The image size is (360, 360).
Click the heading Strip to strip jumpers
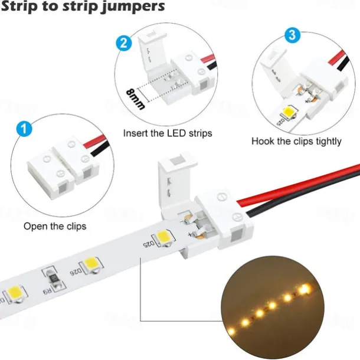[83, 8]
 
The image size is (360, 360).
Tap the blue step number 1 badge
[22, 128]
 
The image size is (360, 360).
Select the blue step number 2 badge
[124, 43]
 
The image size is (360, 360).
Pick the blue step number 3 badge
[291, 35]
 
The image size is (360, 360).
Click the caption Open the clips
[55, 226]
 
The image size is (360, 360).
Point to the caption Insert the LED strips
[167, 133]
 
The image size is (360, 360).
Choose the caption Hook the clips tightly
[296, 141]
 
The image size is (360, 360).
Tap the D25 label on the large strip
[147, 243]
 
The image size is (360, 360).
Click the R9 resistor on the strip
[51, 282]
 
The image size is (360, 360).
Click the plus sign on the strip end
[190, 234]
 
